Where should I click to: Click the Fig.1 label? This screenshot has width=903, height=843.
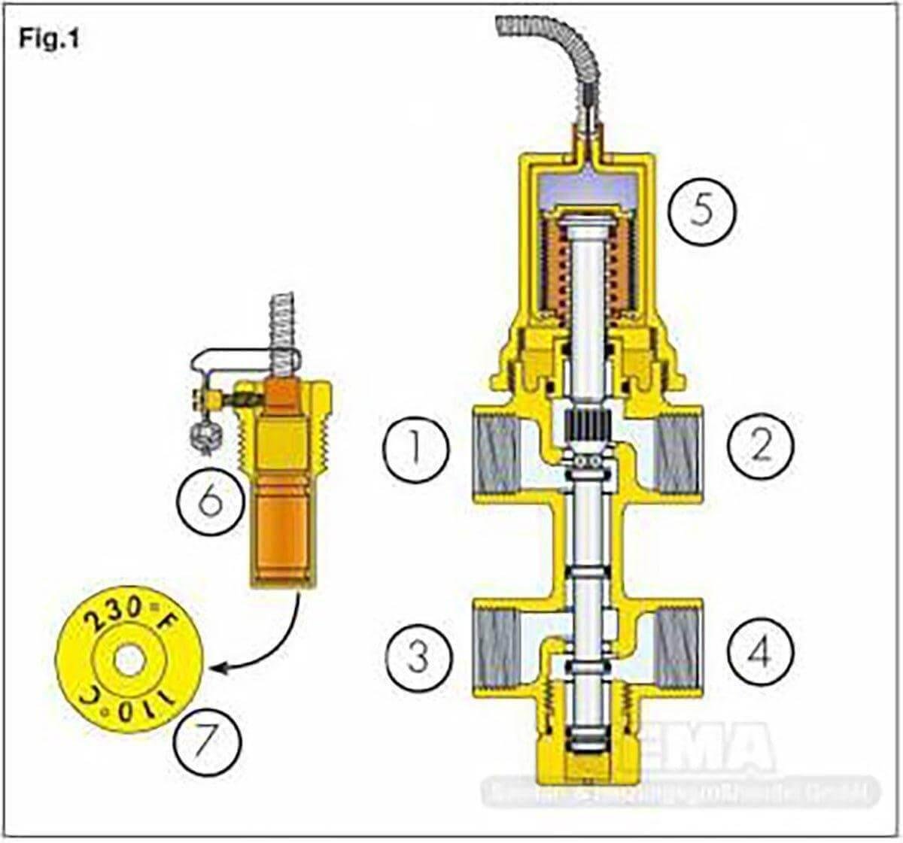tap(49, 40)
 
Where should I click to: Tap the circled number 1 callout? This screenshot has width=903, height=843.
tap(415, 449)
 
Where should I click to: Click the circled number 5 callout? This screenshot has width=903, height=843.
tap(701, 211)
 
